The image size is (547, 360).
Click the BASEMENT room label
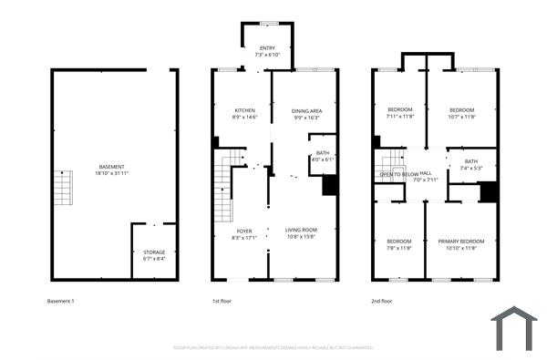[x=112, y=167]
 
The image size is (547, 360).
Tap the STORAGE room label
[x=154, y=252]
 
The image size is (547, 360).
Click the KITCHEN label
[x=243, y=110]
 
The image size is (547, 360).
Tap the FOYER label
[x=244, y=231]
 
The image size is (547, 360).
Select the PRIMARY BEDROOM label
[x=460, y=241]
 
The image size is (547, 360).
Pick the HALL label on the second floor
[x=426, y=173]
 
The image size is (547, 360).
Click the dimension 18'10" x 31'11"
[x=112, y=173]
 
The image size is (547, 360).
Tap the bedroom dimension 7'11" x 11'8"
[x=399, y=117]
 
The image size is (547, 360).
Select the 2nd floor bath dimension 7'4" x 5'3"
[x=470, y=168]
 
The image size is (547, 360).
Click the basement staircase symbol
[x=62, y=189]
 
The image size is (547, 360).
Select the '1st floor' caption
[x=221, y=301]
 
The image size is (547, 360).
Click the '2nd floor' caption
[x=382, y=301]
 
